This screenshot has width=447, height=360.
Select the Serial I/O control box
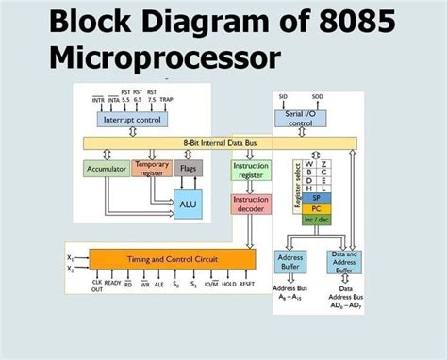click(x=300, y=118)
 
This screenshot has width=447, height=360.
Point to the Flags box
click(x=187, y=170)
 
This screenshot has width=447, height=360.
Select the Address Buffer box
click(x=290, y=261)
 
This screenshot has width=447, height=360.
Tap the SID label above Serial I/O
click(x=283, y=96)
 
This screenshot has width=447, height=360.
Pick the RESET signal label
click(x=247, y=282)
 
